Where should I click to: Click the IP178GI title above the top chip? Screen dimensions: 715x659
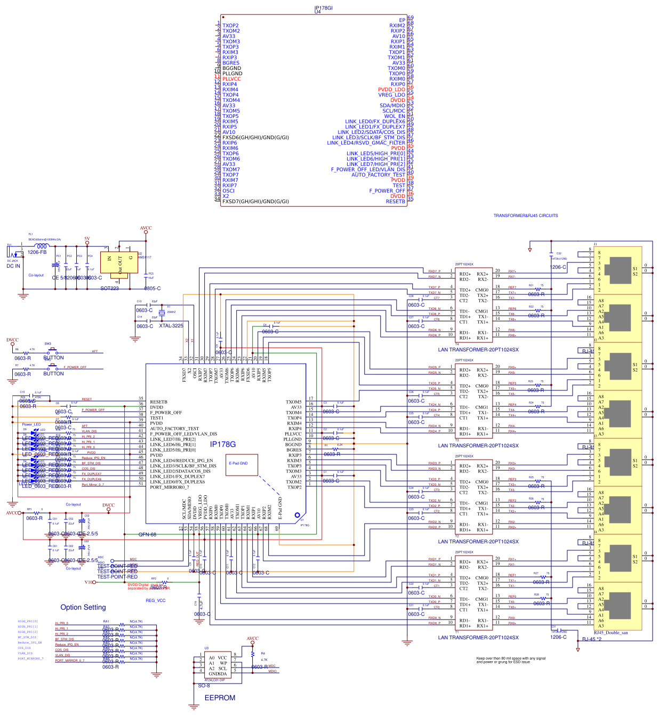[323, 8]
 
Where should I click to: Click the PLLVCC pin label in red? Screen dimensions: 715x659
[231, 79]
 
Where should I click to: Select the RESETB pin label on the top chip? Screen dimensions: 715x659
[395, 202]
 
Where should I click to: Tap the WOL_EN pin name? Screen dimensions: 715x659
[395, 116]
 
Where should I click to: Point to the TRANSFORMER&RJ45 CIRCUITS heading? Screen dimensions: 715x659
[525, 216]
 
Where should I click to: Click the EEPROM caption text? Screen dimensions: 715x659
[220, 697]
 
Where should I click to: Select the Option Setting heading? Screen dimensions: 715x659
[83, 607]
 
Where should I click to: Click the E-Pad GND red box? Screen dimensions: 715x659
[242, 464]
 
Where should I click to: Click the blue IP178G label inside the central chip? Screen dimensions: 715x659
[222, 444]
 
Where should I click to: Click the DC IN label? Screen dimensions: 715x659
[13, 266]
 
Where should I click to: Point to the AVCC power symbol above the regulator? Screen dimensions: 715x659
[146, 228]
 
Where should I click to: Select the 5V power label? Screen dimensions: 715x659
[87, 239]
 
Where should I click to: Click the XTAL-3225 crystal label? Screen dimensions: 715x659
[171, 326]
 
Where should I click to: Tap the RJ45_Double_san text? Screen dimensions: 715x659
[610, 633]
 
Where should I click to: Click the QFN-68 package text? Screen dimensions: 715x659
[147, 534]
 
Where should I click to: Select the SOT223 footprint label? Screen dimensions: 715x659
[110, 288]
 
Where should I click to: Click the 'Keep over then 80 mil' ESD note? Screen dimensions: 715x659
[510, 660]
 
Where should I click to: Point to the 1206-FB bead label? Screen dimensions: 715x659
[37, 252]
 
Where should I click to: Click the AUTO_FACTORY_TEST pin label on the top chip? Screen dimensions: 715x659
[378, 175]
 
